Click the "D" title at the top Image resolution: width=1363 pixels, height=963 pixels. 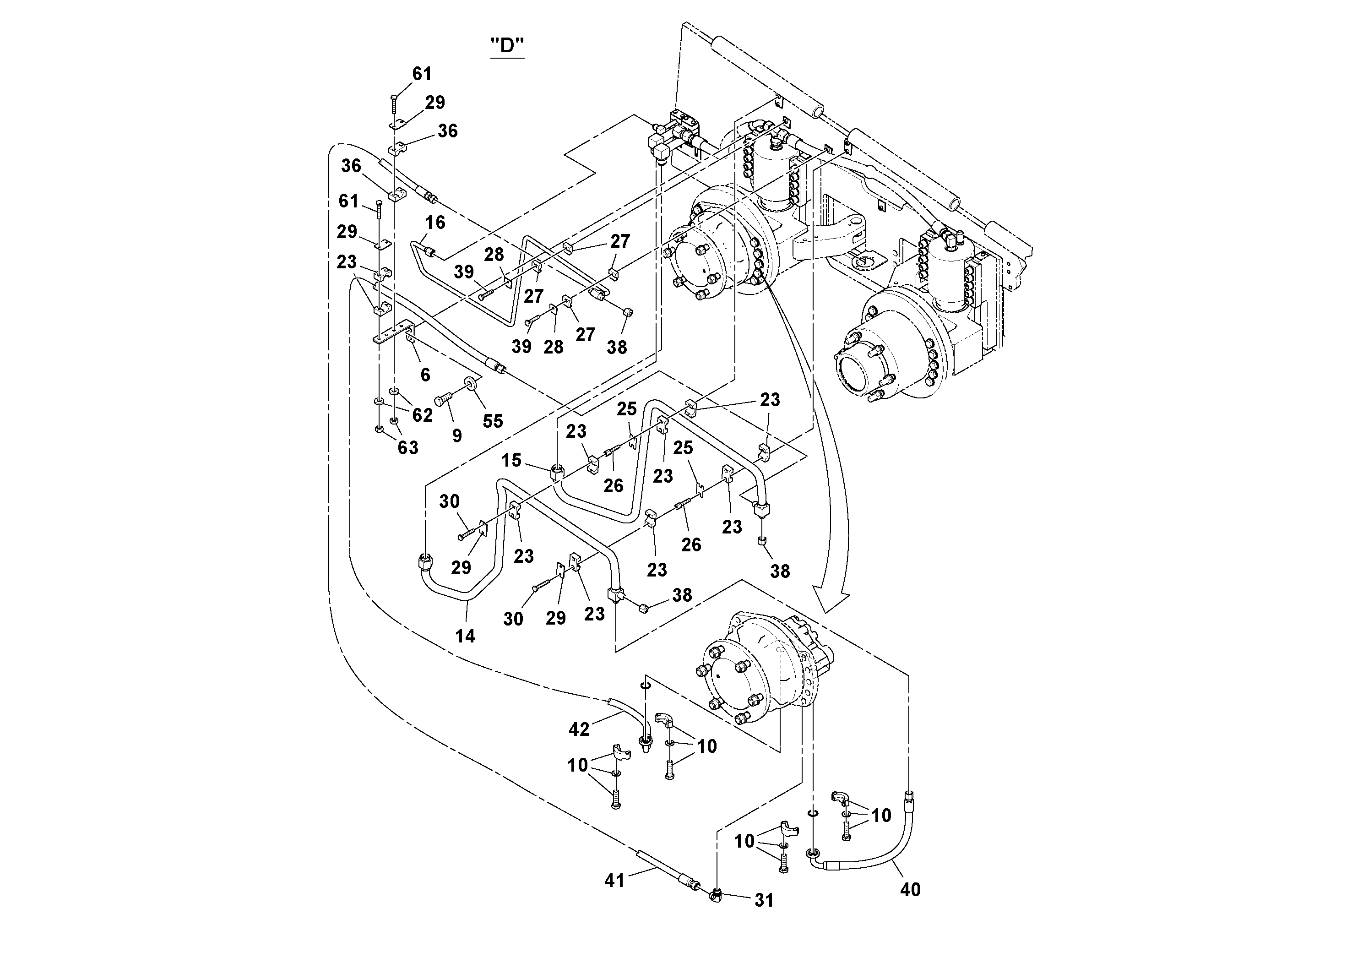tap(507, 45)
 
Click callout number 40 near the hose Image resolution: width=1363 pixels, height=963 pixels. tap(910, 889)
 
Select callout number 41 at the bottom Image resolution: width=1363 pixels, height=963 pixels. tap(614, 880)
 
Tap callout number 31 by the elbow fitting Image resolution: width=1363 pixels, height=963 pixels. tap(764, 900)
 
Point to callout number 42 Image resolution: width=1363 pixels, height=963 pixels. tap(579, 729)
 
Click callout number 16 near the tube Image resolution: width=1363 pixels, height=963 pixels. tap(434, 223)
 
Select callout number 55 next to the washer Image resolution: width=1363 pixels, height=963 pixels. tap(493, 421)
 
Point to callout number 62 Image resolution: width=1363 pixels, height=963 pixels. tap(422, 415)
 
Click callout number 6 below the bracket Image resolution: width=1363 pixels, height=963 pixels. tap(425, 375)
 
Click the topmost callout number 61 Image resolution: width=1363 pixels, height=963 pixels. tap(422, 74)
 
